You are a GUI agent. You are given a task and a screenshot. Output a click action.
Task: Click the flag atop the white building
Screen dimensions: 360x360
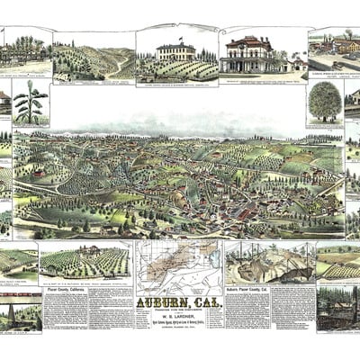(x=180, y=39)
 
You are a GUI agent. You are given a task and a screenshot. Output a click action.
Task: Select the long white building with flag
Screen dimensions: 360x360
(x=177, y=51)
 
